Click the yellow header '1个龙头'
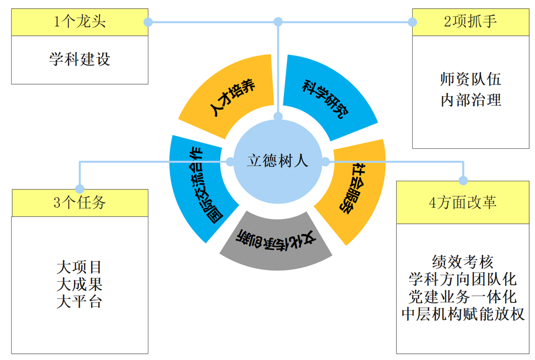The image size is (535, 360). [80, 22]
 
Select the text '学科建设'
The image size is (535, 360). [80, 59]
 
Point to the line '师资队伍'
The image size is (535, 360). [471, 79]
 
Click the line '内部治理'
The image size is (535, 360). [471, 100]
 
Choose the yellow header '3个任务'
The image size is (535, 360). [80, 203]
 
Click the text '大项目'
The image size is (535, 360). [80, 266]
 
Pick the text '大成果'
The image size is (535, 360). [80, 284]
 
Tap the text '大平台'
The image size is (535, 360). [80, 302]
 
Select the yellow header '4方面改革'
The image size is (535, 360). [463, 203]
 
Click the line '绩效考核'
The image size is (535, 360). [463, 262]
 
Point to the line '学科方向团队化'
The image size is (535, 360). [463, 279]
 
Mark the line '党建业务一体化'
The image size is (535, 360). [463, 297]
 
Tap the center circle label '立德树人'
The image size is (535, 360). [277, 161]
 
